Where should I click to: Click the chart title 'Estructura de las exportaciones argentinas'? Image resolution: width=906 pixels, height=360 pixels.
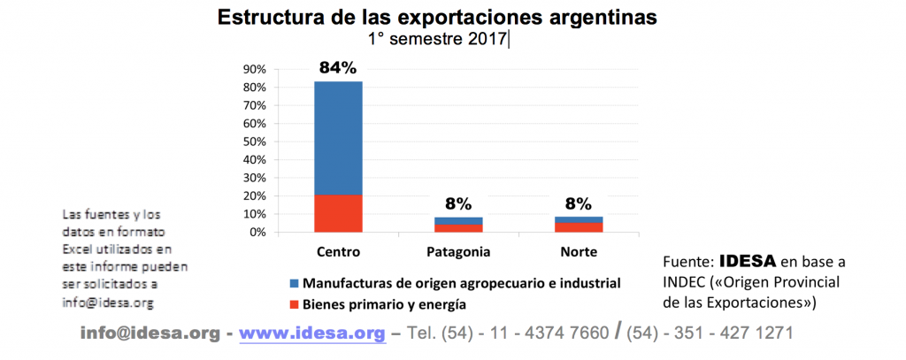point(437,18)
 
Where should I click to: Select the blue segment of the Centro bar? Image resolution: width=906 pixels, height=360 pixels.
point(338,137)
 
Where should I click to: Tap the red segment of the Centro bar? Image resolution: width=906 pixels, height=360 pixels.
point(338,213)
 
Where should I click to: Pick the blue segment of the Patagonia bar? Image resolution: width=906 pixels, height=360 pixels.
point(458,220)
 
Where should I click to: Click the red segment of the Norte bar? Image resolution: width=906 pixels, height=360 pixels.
point(578,227)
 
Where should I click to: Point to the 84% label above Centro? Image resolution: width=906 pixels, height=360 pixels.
point(338,67)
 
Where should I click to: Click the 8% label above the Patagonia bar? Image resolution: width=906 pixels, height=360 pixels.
point(458,204)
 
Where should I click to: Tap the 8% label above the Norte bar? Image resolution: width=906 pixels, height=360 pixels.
point(578,204)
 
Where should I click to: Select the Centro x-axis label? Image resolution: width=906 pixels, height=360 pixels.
point(338,252)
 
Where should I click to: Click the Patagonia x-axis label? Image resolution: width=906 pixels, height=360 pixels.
point(458,252)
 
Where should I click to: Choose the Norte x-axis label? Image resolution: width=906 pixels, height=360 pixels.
point(579,252)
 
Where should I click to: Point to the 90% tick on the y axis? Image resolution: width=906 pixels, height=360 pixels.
point(255,70)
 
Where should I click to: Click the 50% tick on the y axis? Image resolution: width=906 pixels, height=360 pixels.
point(255,142)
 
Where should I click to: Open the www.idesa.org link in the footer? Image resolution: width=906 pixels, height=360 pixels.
point(312,333)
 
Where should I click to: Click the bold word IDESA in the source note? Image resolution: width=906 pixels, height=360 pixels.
point(748,262)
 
